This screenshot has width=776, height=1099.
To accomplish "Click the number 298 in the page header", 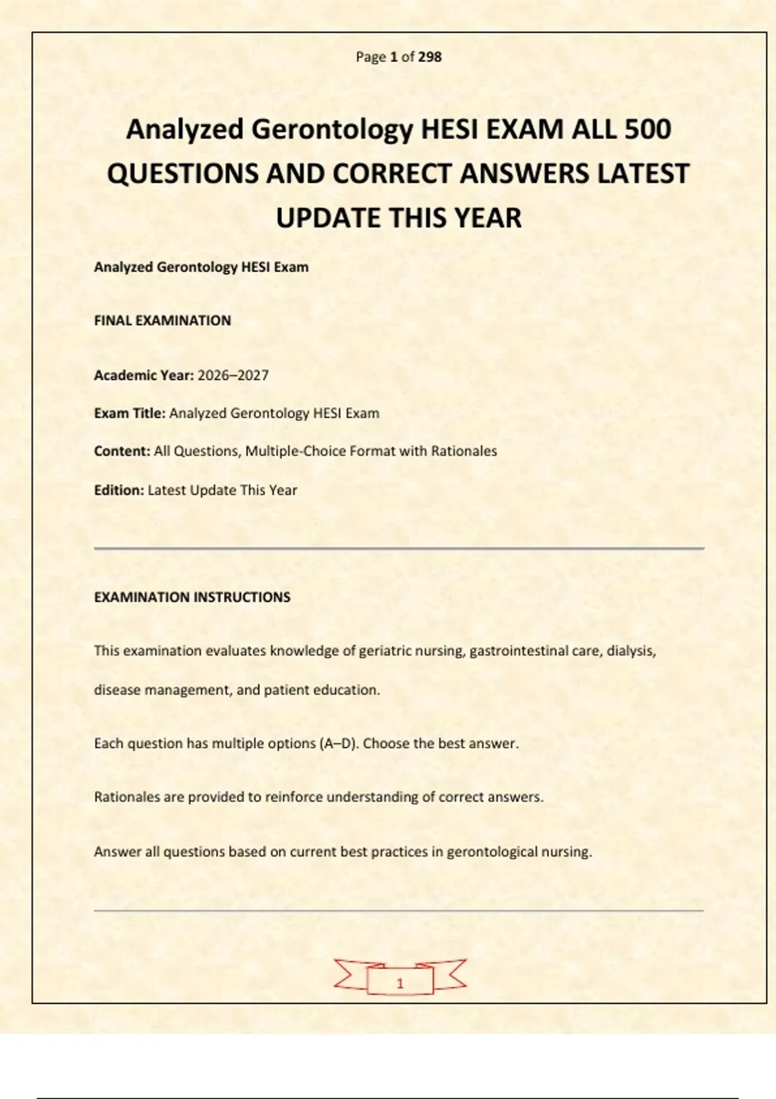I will tap(430, 57).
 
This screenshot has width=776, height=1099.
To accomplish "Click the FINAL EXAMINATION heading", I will tap(162, 321).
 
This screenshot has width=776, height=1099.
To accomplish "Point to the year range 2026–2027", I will tap(233, 376).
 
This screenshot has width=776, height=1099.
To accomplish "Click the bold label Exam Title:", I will tap(130, 413).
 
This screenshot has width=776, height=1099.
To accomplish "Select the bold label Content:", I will tap(122, 451).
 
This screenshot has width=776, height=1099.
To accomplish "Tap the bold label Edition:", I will tap(119, 490).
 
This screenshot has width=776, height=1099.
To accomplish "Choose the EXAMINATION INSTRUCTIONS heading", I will tap(192, 597).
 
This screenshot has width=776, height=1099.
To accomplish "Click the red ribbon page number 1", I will tap(400, 983).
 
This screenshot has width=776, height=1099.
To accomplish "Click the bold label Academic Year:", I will tap(144, 376).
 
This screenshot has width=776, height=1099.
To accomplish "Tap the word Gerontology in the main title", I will tap(332, 129).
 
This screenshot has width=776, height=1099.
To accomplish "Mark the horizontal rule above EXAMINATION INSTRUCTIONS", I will tap(398, 548).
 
